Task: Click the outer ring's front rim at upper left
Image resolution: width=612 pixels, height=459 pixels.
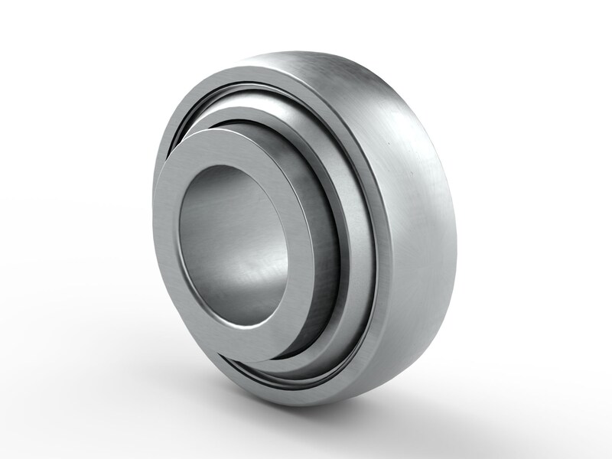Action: pos(191,107)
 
